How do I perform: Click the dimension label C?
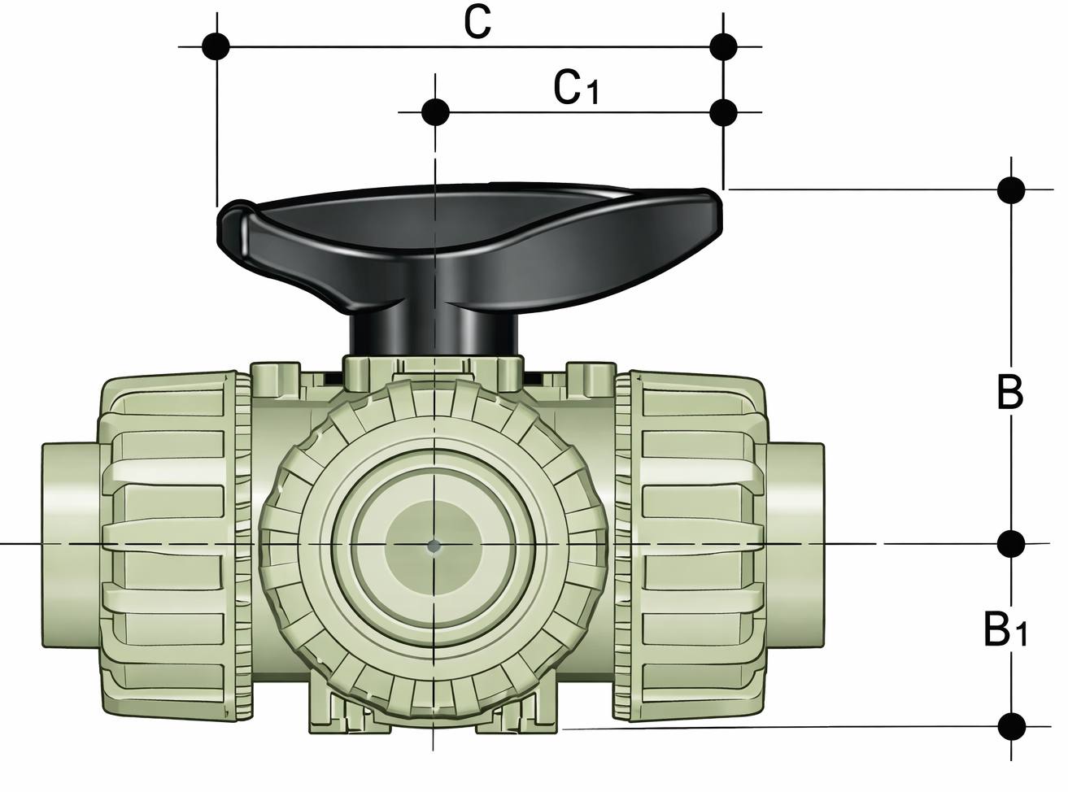(x=477, y=22)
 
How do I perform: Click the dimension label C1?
(x=575, y=88)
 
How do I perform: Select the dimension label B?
(x=1009, y=394)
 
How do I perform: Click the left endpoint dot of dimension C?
(x=216, y=46)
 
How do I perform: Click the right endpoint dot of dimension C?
(x=722, y=46)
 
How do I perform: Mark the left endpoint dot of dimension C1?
(x=437, y=111)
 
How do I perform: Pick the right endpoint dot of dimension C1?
(x=722, y=111)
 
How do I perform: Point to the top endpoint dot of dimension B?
(x=1011, y=189)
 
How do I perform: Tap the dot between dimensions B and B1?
(x=1011, y=542)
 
